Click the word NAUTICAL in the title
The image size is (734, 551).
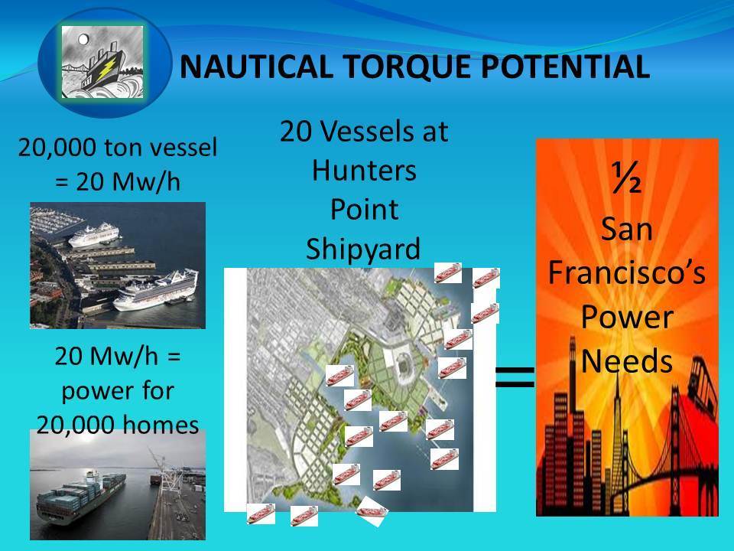[256, 66]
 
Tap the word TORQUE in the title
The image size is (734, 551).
[406, 67]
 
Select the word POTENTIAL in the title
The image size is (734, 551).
[564, 66]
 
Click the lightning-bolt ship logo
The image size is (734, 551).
[102, 62]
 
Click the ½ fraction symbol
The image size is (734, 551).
[626, 178]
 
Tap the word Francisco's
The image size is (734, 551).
[626, 272]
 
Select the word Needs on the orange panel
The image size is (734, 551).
[627, 361]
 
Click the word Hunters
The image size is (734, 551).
[364, 170]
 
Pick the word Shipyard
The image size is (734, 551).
[363, 249]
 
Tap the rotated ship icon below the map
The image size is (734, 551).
[372, 511]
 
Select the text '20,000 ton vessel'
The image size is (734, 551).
[118, 148]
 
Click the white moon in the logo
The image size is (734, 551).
[83, 39]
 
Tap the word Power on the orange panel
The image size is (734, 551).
[627, 317]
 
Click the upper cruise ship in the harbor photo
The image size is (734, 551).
[94, 234]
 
